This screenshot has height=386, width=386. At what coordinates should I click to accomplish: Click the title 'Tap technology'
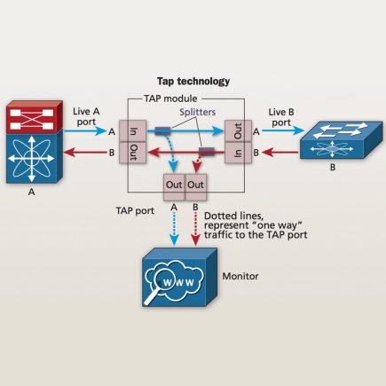pos(193,81)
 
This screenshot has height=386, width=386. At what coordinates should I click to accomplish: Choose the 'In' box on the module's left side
pos(132,131)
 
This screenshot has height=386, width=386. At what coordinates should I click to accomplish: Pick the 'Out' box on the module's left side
pos(132,152)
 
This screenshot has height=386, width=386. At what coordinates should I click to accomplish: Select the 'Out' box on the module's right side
pos(236,131)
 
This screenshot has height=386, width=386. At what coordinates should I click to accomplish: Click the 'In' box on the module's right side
pos(236,152)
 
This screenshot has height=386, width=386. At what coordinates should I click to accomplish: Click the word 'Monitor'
pos(240,276)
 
